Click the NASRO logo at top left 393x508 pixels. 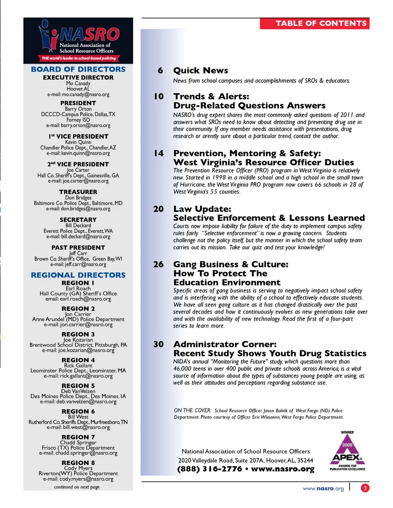78,40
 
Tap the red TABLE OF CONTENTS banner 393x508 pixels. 314,23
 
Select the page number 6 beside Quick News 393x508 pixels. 160,70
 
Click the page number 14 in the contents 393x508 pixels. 158,153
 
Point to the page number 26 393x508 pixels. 158,265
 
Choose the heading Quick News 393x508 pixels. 201,70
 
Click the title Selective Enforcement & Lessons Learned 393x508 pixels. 269,218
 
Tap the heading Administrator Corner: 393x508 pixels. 225,344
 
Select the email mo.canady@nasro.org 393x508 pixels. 78,94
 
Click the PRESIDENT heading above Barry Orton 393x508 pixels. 78,103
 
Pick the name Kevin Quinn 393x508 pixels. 78,142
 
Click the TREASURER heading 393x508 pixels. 78,192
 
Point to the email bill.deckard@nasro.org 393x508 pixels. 78,236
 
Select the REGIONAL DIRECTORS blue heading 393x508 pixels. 78,275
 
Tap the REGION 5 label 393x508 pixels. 78,386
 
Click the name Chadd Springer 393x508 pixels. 78,442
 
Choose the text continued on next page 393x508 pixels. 77,487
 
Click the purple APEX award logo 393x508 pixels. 347,452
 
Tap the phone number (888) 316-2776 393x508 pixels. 210,469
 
